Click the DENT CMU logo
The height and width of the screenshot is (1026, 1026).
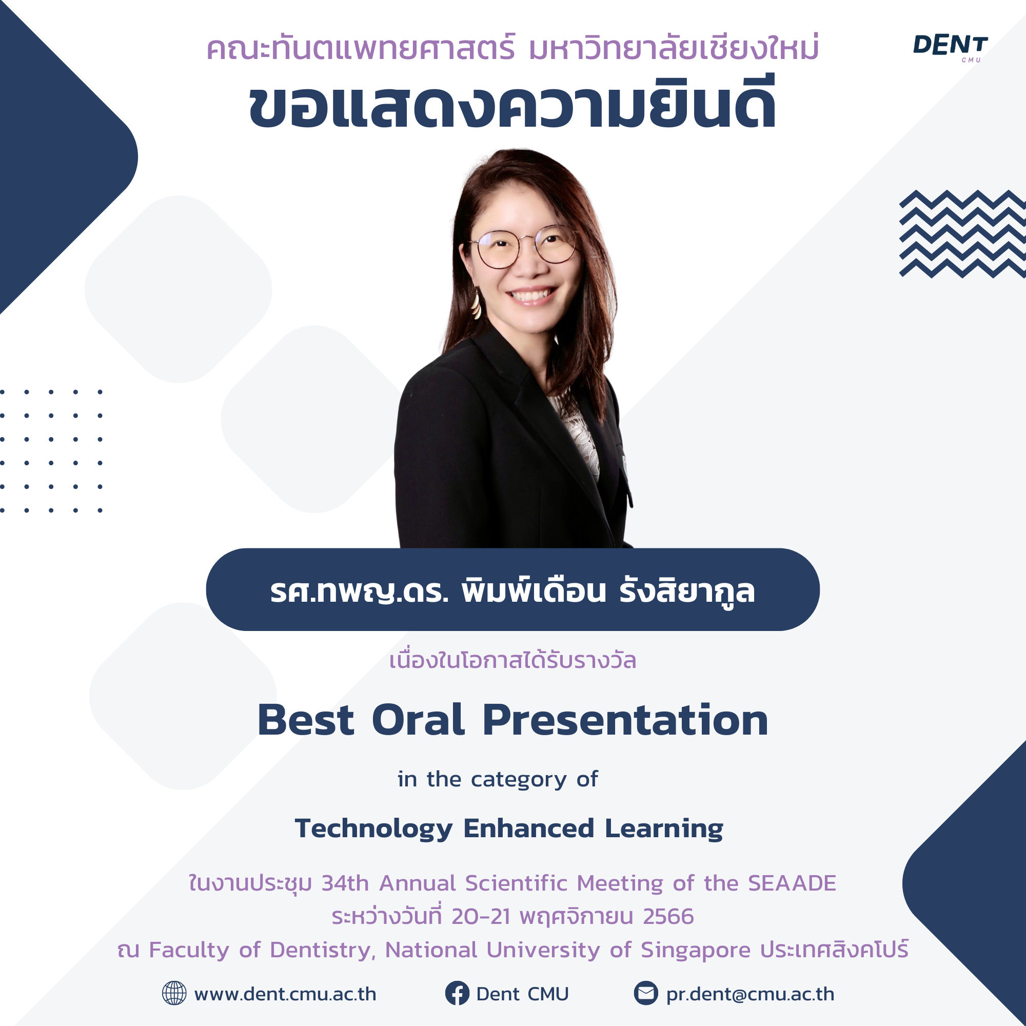950,48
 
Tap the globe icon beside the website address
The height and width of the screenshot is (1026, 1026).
174,993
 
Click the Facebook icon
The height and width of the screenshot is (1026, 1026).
457,993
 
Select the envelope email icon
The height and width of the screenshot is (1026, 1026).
646,993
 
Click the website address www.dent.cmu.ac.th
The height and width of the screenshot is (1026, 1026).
285,994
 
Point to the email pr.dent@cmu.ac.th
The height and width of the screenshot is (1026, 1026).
750,995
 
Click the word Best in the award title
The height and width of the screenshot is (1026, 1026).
305,720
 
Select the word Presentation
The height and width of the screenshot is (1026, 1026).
625,720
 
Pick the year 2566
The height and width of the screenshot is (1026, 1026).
668,917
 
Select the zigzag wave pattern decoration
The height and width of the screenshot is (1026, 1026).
962,233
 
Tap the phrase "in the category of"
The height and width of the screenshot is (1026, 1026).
498,780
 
